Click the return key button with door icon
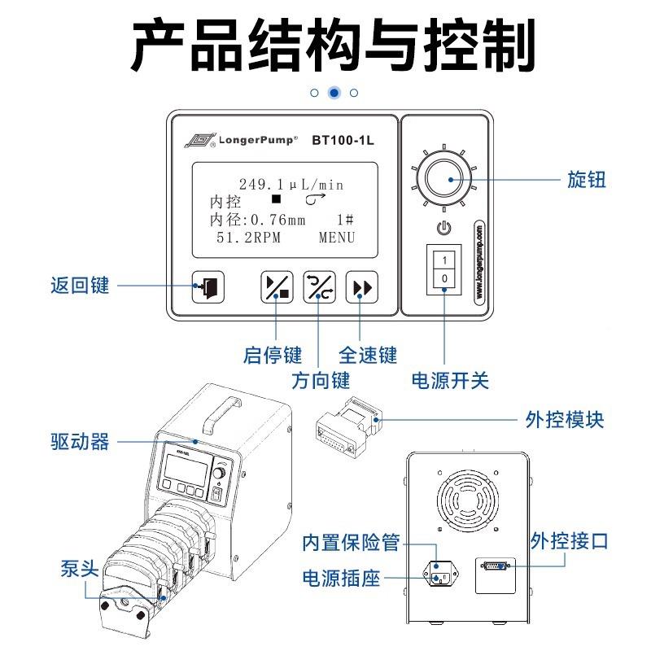(x=208, y=287)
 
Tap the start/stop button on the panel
(x=276, y=287)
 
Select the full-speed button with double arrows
(x=361, y=287)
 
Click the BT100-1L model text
(x=343, y=139)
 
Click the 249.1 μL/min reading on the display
(x=291, y=185)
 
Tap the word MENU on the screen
(x=336, y=238)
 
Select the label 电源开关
(x=451, y=380)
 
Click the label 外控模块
(x=565, y=421)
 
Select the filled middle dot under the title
(x=334, y=93)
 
